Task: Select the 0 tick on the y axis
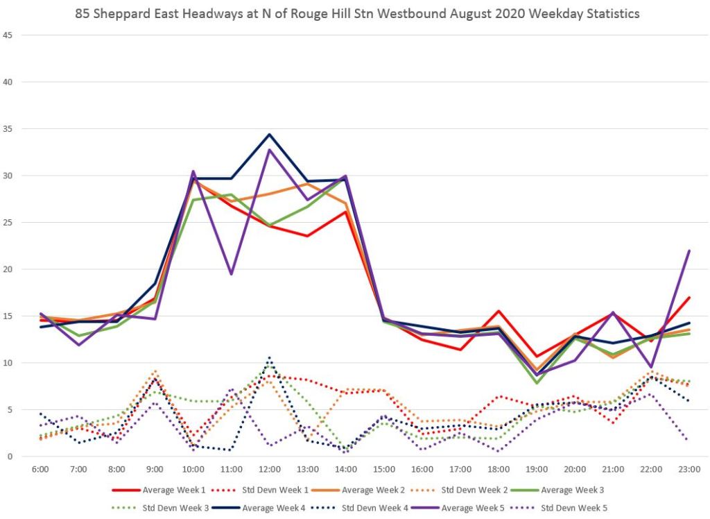coord(9,457)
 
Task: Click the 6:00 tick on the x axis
coord(40,470)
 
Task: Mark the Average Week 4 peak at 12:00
coord(269,134)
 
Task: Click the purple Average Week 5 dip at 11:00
coord(231,274)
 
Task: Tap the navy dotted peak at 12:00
coord(269,358)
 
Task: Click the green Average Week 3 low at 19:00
coord(536,383)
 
